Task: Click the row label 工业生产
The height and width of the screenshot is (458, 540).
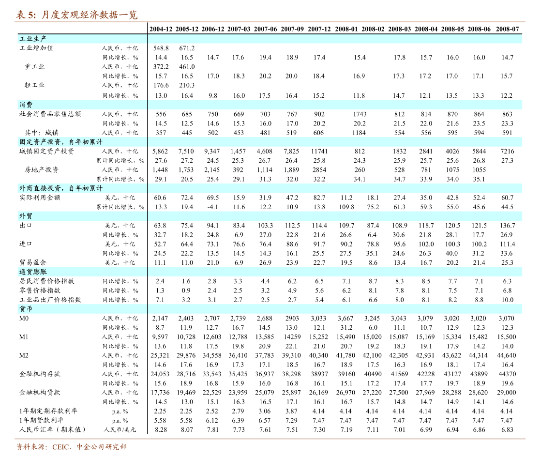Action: [33, 39]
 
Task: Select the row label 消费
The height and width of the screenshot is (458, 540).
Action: [26, 105]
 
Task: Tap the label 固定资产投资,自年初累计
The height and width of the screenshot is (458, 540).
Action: [61, 142]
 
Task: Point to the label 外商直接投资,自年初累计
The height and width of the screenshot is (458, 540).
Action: [61, 188]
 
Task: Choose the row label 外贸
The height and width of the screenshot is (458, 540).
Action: [26, 216]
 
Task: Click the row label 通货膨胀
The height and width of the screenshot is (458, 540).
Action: [33, 272]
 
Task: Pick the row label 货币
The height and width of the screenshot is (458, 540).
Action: [26, 309]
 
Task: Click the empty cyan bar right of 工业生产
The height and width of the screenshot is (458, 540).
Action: [335, 39]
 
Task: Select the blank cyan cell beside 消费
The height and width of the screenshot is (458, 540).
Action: [335, 105]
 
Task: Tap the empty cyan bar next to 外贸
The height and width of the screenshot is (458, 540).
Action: [335, 216]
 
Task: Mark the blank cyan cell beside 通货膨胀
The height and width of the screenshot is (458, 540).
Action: [335, 272]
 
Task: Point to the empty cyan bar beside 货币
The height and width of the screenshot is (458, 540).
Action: [335, 309]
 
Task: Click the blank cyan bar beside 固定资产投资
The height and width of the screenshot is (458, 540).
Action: [335, 142]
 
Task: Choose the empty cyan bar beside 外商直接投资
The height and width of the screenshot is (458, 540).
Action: [335, 188]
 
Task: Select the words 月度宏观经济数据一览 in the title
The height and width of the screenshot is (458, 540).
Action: [89, 15]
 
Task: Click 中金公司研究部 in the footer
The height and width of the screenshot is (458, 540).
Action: [102, 447]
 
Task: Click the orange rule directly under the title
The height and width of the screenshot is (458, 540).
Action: [270, 22]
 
